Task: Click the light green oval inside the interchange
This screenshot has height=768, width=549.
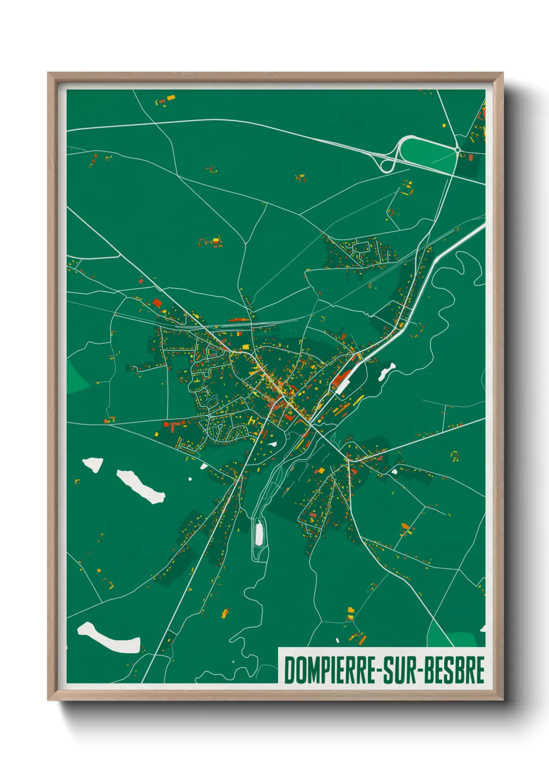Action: click(x=427, y=151)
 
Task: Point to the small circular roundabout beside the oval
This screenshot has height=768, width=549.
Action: click(x=457, y=150)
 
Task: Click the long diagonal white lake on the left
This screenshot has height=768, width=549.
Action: click(x=140, y=486)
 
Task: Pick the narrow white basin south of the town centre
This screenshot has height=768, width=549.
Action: click(x=259, y=533)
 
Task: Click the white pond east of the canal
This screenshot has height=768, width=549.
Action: click(x=387, y=371)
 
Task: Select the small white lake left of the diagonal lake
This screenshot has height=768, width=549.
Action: click(x=93, y=464)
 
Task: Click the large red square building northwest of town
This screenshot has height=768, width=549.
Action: click(x=157, y=303)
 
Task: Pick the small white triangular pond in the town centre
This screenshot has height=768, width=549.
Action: click(x=272, y=444)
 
